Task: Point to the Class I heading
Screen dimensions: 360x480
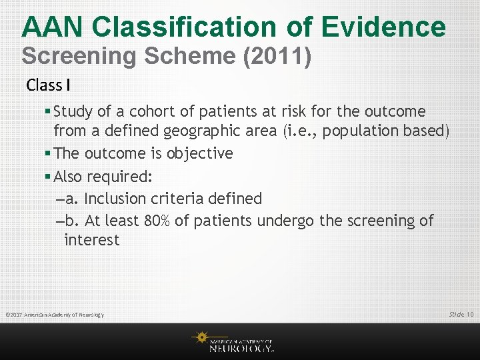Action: click(x=49, y=85)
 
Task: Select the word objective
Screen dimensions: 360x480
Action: click(x=200, y=153)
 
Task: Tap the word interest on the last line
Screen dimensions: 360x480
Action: click(x=91, y=240)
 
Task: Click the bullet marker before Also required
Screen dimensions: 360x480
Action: click(x=48, y=177)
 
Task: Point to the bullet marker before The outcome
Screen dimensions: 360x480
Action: click(x=48, y=153)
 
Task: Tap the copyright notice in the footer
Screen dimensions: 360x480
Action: click(x=54, y=315)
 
